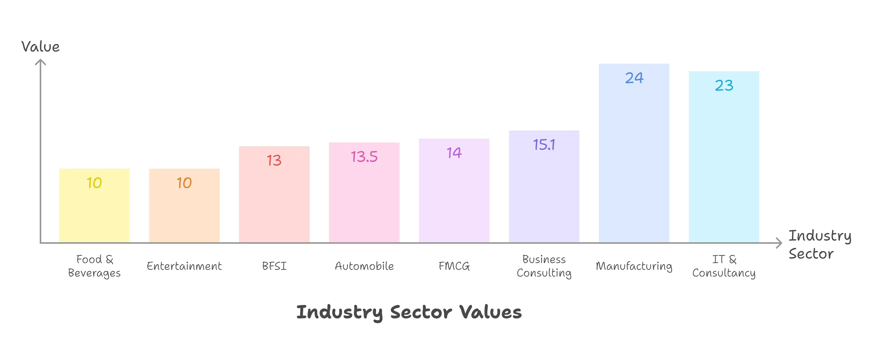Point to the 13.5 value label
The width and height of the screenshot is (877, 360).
364,157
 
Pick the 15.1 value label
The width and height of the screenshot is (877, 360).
544,145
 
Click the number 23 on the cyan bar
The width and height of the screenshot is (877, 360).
724,85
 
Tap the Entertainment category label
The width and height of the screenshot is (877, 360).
184,266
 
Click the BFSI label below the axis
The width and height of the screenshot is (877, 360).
274,266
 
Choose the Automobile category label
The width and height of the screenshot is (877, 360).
364,266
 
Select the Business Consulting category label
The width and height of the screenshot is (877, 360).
544,266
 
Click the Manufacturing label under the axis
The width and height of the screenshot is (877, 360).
634,266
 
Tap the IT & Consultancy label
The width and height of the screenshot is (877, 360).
724,266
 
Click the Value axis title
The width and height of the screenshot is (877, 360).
40,47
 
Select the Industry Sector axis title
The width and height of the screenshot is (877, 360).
820,244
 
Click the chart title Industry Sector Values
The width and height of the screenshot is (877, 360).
409,312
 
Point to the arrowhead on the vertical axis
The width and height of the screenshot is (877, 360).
40,62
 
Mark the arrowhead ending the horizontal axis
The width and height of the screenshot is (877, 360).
779,243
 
